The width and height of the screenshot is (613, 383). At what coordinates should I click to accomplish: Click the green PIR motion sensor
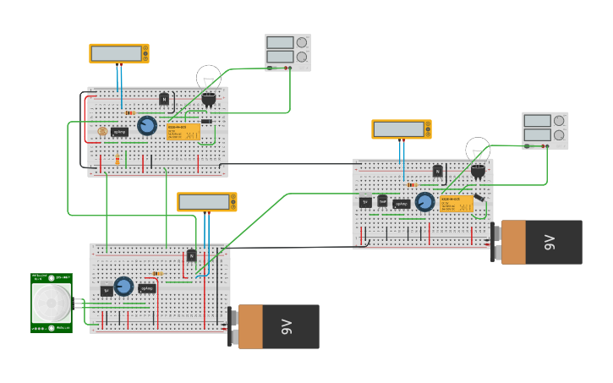click(51, 303)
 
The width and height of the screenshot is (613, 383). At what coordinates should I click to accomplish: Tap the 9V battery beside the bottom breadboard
click(277, 326)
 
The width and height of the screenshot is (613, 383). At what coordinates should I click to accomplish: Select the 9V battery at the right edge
click(540, 242)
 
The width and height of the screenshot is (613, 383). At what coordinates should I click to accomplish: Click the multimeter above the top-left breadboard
click(119, 53)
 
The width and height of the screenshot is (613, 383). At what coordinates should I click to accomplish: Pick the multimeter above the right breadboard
click(401, 129)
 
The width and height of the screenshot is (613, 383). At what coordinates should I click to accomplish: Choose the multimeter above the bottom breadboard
click(206, 202)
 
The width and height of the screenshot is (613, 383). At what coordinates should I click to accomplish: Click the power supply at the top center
click(287, 52)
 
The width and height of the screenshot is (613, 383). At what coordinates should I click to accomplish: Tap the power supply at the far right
click(545, 130)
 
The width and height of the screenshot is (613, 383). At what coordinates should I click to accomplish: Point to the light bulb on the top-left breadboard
click(208, 79)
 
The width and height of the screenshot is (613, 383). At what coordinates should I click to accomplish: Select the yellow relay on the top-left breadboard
click(183, 132)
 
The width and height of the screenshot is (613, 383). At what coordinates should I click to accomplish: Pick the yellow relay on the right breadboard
click(456, 204)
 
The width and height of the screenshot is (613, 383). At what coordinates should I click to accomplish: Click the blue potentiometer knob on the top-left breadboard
click(146, 126)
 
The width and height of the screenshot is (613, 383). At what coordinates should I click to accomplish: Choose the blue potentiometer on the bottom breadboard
click(123, 286)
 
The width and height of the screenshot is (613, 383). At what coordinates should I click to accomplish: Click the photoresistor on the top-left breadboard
click(102, 131)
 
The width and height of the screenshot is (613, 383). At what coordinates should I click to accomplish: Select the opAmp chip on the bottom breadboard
click(146, 288)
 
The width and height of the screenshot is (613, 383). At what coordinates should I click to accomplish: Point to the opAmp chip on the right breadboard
click(401, 203)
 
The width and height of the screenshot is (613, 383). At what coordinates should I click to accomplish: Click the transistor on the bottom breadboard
click(192, 255)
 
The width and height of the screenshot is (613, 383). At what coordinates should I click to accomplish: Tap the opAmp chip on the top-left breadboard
click(120, 132)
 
